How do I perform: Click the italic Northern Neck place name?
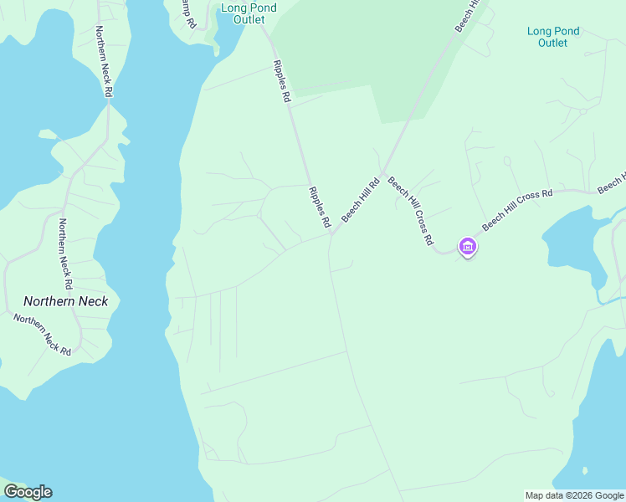point(65,301)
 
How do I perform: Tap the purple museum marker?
point(467,247)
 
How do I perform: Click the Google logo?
point(28,492)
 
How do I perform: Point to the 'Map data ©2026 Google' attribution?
point(574,495)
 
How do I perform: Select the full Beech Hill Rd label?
point(361,199)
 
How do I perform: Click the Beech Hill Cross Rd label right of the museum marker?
point(517,208)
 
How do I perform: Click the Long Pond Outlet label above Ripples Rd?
point(249,13)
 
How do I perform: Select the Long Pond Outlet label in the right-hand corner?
point(553,37)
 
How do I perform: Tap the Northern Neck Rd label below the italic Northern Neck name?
point(43,334)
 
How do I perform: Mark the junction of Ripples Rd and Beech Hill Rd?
point(332,233)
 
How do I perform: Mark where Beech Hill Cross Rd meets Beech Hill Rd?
point(382,177)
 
